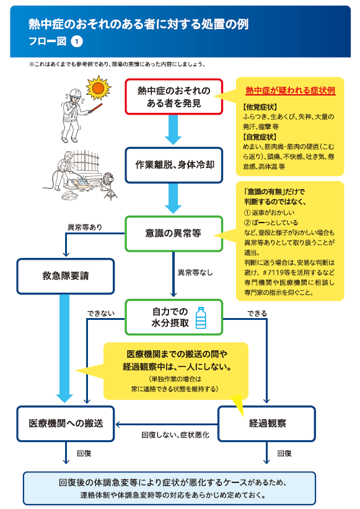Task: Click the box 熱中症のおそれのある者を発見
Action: [174, 97]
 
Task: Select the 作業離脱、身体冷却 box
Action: [174, 166]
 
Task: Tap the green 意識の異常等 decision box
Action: [174, 234]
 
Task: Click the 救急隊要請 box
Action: [66, 277]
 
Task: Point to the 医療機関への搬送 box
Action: [66, 423]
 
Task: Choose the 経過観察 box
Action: [266, 423]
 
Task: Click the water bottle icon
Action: [201, 318]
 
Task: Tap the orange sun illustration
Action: [99, 87]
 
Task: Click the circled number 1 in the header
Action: [77, 42]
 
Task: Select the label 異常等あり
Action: [84, 228]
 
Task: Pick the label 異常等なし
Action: [195, 272]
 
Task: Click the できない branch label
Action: [101, 313]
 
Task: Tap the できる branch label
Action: [257, 313]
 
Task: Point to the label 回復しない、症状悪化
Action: [175, 435]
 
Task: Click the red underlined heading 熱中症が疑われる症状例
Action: [290, 91]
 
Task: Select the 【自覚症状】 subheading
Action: [260, 137]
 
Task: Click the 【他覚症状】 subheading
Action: [260, 107]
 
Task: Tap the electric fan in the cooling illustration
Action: [110, 185]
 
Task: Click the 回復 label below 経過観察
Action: [284, 453]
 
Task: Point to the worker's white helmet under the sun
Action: [74, 93]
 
